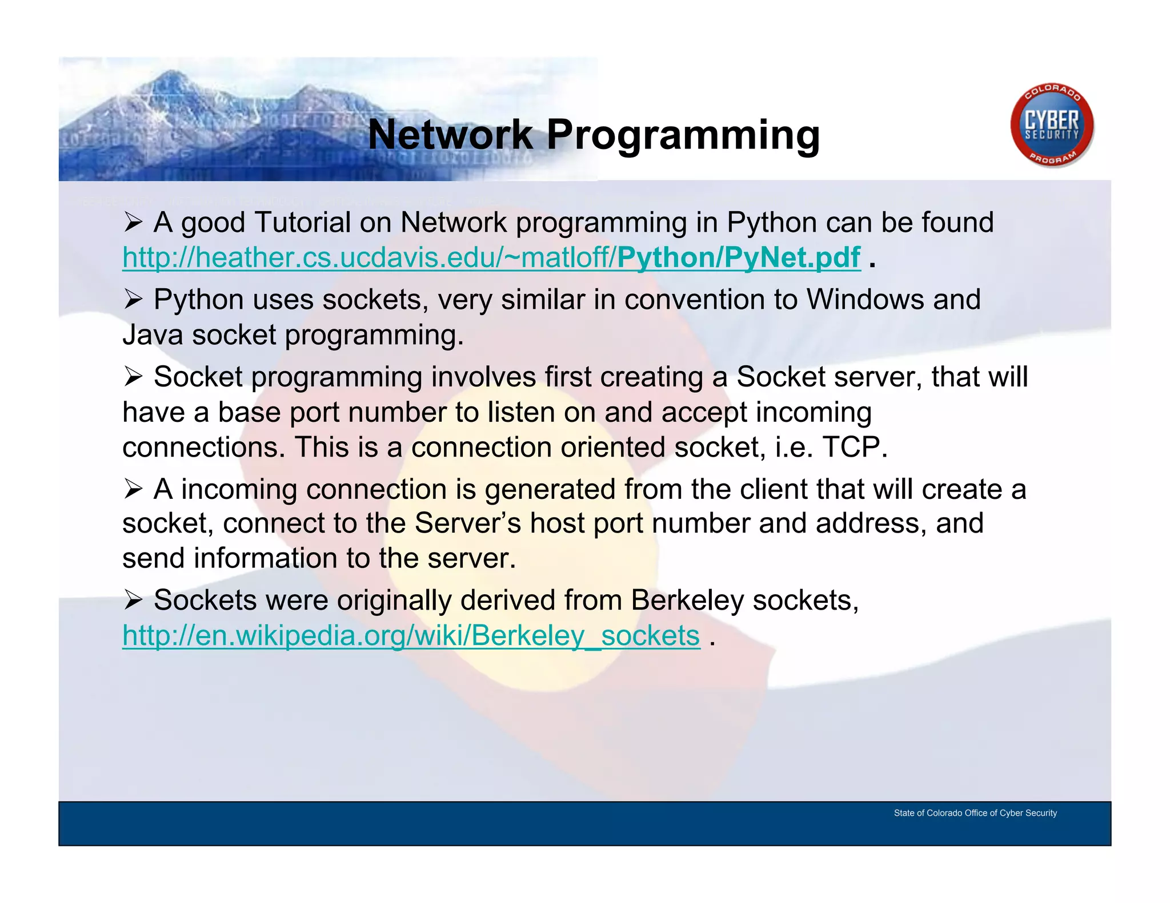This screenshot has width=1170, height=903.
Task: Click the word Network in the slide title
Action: tap(450, 135)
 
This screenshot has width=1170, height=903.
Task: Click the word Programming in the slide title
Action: tap(683, 136)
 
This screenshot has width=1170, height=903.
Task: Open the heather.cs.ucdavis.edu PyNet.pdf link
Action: tap(491, 257)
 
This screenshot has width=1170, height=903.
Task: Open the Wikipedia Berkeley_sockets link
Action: tap(411, 635)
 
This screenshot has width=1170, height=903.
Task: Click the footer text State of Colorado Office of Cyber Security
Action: tap(975, 813)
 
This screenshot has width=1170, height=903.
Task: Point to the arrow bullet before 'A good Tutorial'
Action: tap(133, 223)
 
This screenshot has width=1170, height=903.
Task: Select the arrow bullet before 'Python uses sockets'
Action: tap(133, 300)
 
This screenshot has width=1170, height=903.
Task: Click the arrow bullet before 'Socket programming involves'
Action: tap(133, 377)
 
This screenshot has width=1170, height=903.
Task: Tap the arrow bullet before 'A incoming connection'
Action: tap(133, 489)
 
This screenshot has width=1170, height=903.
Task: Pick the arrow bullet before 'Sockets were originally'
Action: tap(133, 600)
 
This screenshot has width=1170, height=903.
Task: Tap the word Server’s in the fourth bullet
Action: tap(467, 523)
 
